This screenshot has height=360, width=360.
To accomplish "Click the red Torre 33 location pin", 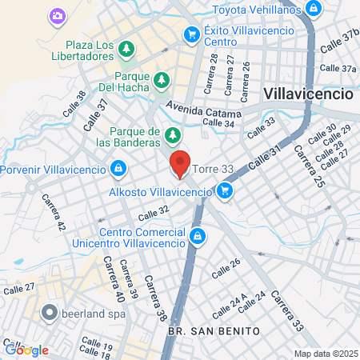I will (x=180, y=166).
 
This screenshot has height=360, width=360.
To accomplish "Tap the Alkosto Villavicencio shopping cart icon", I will (x=225, y=191).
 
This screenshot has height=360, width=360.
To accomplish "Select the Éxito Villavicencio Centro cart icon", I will (x=191, y=34).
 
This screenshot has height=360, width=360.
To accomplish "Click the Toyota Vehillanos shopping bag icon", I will (x=314, y=10).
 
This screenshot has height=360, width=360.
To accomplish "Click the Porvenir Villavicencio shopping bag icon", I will (x=118, y=169).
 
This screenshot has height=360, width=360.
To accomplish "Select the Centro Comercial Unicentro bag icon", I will (x=198, y=236).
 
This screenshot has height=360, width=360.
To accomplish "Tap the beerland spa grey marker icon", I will (x=50, y=313).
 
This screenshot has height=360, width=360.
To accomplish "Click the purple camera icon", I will (x=57, y=15).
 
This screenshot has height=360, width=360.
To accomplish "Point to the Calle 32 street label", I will (x=154, y=213).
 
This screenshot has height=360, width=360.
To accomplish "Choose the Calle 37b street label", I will (x=338, y=44).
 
